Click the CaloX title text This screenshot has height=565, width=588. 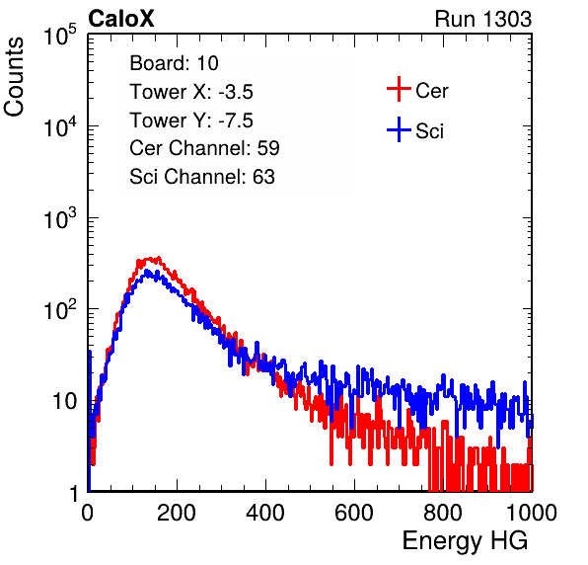pyautogui.click(x=121, y=19)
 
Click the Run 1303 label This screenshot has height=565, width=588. pyautogui.click(x=483, y=19)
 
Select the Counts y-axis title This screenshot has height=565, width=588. pyautogui.click(x=14, y=77)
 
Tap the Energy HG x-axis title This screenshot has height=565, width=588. pyautogui.click(x=466, y=541)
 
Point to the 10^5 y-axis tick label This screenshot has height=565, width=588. pyautogui.click(x=60, y=36)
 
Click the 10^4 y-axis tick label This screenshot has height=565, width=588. pyautogui.click(x=60, y=126)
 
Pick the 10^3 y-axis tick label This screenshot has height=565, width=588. pyautogui.click(x=60, y=218)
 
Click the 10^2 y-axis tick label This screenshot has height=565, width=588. pyautogui.click(x=60, y=310)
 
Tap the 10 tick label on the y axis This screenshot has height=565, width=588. pyautogui.click(x=64, y=401)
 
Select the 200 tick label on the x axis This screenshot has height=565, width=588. pyautogui.click(x=177, y=513)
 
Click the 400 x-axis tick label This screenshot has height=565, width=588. pyautogui.click(x=265, y=513)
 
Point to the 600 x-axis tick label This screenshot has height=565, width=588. pyautogui.click(x=354, y=513)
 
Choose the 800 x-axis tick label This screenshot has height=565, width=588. pyautogui.click(x=443, y=513)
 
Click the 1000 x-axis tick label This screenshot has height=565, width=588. pyautogui.click(x=532, y=513)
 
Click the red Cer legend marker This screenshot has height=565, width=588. pyautogui.click(x=399, y=89)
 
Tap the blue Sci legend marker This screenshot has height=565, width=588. pyautogui.click(x=399, y=130)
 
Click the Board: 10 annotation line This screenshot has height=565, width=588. pyautogui.click(x=174, y=63)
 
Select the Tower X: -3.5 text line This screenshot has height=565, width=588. pyautogui.click(x=191, y=92)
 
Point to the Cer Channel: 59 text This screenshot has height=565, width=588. pyautogui.click(x=204, y=148)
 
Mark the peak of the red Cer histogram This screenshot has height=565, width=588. pyautogui.click(x=159, y=258)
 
